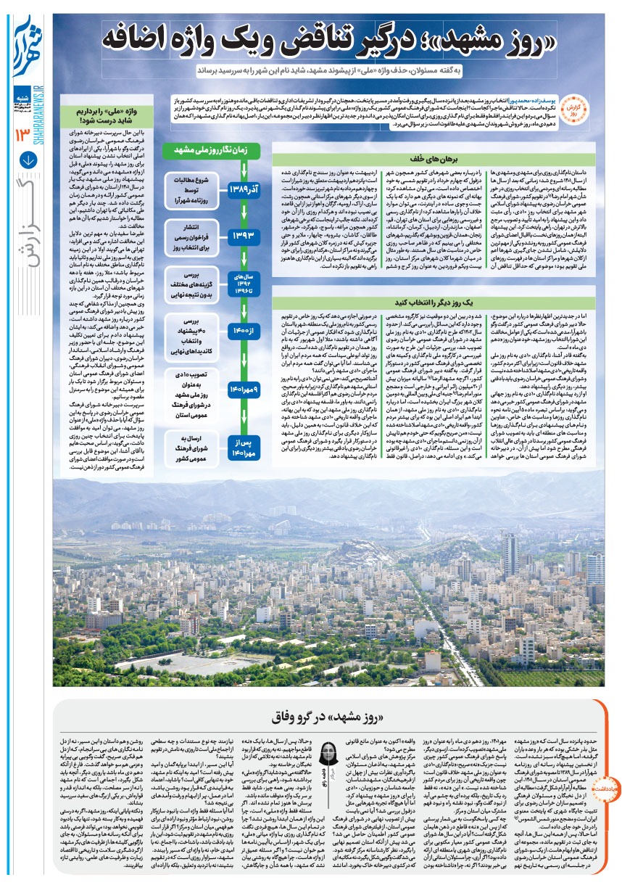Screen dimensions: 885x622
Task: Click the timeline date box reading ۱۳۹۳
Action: click(242, 235)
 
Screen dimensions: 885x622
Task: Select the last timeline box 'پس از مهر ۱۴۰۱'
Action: click(242, 447)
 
